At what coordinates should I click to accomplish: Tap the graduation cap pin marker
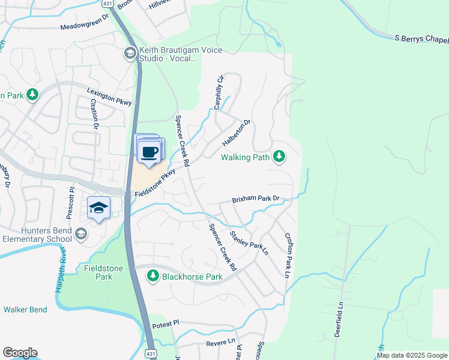(98, 208)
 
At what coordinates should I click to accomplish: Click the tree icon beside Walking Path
(279, 157)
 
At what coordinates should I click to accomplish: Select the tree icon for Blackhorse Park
(153, 276)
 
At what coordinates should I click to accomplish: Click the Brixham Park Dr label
(256, 199)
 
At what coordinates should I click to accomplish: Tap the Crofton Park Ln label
(288, 254)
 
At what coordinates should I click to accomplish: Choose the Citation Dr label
(94, 112)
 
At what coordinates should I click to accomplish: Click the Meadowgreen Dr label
(83, 27)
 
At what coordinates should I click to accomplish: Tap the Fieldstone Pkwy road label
(154, 184)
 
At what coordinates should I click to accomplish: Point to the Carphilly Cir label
(219, 92)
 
